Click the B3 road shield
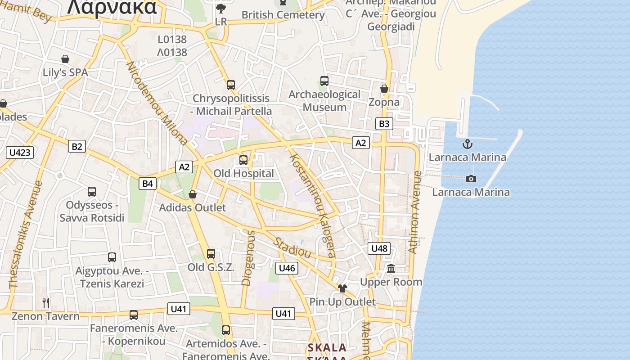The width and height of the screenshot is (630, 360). (x=384, y=124)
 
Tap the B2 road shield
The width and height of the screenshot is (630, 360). (x=77, y=146)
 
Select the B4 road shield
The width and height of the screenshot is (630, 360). (x=148, y=183)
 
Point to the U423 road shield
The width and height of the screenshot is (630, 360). (x=20, y=153)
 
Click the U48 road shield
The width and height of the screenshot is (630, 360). (x=379, y=248)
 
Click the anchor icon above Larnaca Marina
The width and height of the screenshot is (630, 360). (x=468, y=144)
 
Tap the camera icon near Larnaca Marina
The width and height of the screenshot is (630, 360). (x=471, y=179)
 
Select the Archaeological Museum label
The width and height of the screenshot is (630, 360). (x=324, y=101)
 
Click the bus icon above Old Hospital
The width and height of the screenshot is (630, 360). (x=243, y=160)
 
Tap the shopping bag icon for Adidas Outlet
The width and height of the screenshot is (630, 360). (x=193, y=194)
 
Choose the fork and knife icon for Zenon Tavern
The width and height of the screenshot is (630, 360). (x=45, y=302)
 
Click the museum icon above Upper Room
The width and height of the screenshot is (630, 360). (x=391, y=269)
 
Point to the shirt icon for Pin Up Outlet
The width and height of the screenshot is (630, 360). (x=342, y=288)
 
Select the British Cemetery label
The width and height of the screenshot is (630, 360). (x=283, y=15)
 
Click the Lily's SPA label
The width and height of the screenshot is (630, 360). (x=65, y=72)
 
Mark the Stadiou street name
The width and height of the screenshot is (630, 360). (x=292, y=248)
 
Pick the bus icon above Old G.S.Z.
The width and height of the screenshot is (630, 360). (x=211, y=254)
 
